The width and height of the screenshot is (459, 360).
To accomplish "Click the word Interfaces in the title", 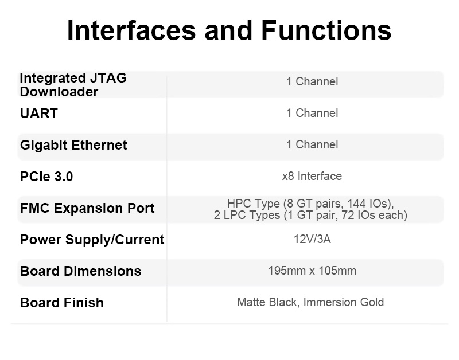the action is (x=131, y=30).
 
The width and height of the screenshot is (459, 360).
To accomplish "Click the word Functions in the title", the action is (x=326, y=30).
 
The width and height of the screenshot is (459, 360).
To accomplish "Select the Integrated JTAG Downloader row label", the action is (x=73, y=85).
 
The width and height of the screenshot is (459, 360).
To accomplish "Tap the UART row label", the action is (x=39, y=114).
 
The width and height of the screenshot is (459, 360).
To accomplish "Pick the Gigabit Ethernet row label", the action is (x=73, y=145).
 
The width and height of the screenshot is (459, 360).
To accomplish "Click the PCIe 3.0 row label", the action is (x=46, y=177).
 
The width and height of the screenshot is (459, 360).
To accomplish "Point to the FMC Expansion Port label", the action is (x=87, y=208).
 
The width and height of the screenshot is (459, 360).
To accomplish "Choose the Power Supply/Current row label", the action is (x=92, y=240).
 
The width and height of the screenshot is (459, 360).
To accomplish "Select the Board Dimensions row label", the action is (x=81, y=271).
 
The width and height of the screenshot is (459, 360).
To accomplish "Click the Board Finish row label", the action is (x=62, y=303).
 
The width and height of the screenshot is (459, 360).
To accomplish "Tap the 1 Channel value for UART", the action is (x=312, y=113).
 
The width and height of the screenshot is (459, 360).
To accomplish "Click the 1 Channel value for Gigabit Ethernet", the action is (x=312, y=145).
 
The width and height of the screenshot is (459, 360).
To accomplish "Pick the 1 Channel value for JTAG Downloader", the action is (x=312, y=81).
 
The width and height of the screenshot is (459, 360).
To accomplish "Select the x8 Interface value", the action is (x=312, y=176).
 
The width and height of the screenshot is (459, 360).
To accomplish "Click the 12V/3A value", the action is (x=312, y=239).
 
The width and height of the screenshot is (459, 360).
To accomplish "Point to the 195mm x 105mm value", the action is (x=312, y=271).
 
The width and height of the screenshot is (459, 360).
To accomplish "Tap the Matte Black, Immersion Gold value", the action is (x=310, y=302).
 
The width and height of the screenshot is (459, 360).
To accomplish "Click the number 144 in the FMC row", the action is (x=357, y=204).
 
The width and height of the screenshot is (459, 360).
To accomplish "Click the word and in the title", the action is (x=228, y=30).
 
